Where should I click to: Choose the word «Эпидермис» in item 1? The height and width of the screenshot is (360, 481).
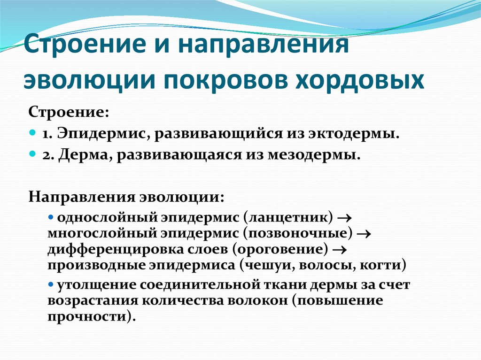tap(101, 134)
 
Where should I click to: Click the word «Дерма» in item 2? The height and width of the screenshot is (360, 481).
tap(84, 155)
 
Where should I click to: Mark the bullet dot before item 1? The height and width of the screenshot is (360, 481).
tap(32, 134)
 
